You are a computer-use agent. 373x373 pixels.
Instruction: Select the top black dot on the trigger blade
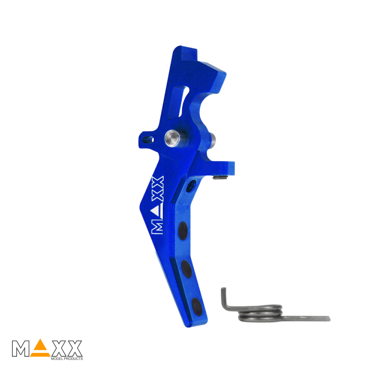pyautogui.click(x=183, y=231)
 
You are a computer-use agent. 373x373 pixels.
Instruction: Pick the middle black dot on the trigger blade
pyautogui.click(x=186, y=269)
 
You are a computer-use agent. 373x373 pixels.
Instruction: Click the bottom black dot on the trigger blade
pyautogui.click(x=197, y=307)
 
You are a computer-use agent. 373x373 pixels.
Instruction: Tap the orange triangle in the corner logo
pyautogui.click(x=40, y=347)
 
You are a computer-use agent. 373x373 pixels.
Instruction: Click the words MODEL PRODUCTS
pyautogui.click(x=67, y=358)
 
